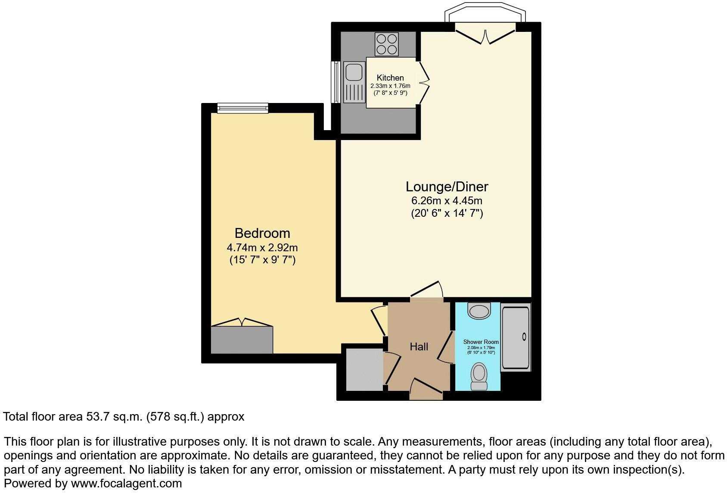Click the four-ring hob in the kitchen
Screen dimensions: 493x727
[386, 44]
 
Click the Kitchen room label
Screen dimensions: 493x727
[390, 78]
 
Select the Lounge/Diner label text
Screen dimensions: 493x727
[447, 187]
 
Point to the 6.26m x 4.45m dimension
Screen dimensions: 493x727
[447, 200]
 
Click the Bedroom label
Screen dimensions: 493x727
[262, 233]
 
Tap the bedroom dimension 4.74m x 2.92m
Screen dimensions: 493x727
[262, 248]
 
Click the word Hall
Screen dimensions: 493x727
[419, 346]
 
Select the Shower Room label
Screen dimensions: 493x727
[481, 342]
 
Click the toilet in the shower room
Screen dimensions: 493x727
[478, 376]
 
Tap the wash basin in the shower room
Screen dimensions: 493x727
[479, 311]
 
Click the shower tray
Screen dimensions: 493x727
[515, 337]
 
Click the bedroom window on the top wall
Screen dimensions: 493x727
[242, 108]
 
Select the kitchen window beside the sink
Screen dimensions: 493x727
[334, 82]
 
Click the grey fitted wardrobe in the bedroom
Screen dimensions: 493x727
[242, 340]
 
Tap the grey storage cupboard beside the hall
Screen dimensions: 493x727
[364, 370]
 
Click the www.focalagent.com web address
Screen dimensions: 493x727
[126, 484]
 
